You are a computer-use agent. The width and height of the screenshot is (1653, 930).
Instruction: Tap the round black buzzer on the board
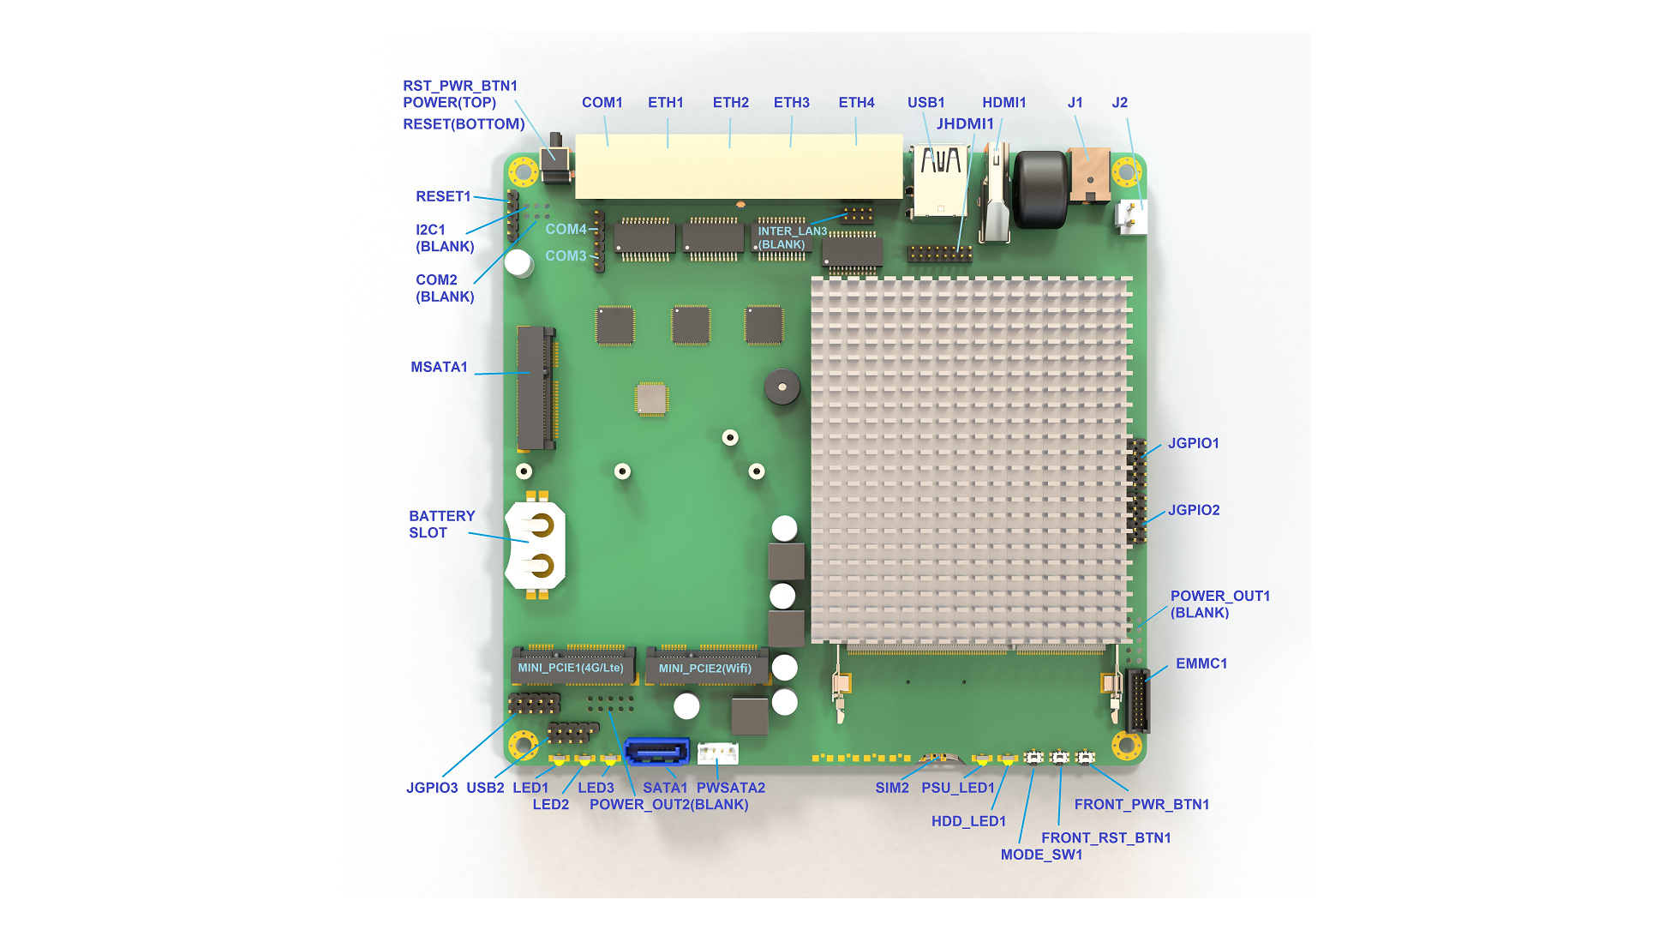point(782,387)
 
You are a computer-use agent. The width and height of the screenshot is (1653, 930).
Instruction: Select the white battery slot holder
point(536,545)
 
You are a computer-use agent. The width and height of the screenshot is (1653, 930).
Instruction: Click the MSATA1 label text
point(439,367)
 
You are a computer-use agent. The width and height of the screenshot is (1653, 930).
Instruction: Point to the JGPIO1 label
point(1193,443)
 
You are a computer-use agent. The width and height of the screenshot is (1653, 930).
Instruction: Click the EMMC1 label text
point(1201,663)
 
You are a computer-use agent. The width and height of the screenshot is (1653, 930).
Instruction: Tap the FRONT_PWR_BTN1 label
point(1141,804)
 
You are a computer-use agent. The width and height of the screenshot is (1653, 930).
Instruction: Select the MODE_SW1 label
point(1041,855)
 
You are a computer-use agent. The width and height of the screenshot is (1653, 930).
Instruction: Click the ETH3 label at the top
point(791,103)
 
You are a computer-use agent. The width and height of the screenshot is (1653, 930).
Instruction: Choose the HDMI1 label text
point(1003,103)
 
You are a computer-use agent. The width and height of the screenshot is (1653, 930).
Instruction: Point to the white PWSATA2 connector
point(718,753)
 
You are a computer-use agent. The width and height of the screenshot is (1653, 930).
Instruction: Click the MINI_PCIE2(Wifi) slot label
point(704,669)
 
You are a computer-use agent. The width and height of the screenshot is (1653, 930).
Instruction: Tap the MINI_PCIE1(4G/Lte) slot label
point(571,668)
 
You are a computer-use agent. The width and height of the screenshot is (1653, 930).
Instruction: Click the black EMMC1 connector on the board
point(1137,701)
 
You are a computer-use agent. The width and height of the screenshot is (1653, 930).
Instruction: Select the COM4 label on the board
point(566,230)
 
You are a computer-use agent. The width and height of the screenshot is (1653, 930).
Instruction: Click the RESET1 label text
point(443,196)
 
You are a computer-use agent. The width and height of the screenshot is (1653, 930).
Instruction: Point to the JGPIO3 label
point(432,788)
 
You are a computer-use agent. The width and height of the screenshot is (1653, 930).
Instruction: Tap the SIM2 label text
point(891,788)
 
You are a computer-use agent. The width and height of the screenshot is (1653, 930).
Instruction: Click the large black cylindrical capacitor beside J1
point(1040,189)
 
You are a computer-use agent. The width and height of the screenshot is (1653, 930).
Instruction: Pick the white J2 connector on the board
point(1132,217)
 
